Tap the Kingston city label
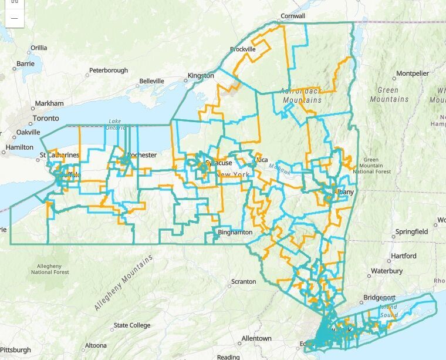coord(201,76)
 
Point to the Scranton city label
coord(244,282)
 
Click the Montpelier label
coord(413,73)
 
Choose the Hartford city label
coord(403,256)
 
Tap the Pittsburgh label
coord(15,350)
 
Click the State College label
coord(132,325)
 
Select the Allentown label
coord(256,339)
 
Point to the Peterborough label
coord(109,70)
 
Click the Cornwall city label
coord(293,16)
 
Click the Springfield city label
coord(411,232)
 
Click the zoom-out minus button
coord(14,18)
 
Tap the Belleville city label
coord(152,81)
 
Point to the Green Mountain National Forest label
coord(376,166)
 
